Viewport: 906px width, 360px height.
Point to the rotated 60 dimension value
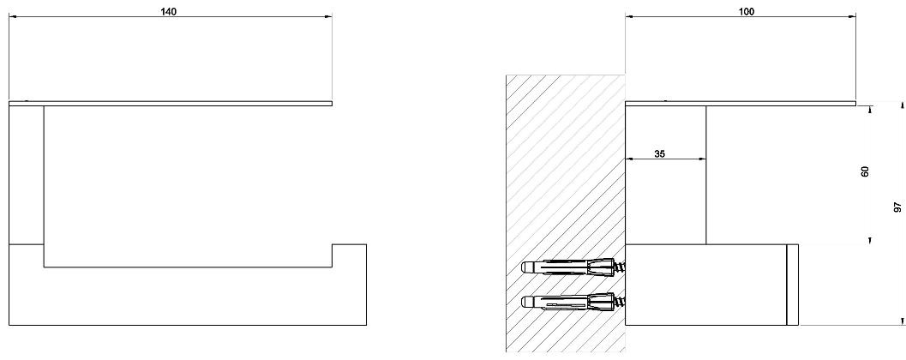point(865,171)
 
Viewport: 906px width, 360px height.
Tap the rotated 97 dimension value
point(897,208)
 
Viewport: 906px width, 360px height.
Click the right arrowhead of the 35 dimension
point(702,159)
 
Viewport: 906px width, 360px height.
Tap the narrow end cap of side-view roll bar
point(793,285)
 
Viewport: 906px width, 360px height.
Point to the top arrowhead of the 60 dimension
point(871,108)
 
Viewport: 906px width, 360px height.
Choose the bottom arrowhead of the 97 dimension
point(902,321)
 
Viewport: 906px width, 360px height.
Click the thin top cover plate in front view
point(170,104)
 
